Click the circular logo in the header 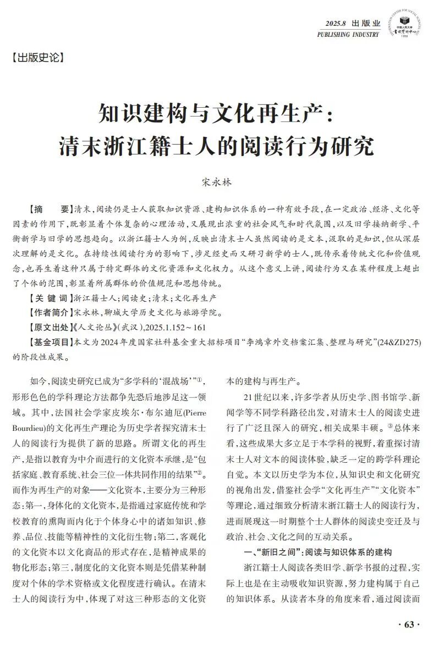(x=405, y=27)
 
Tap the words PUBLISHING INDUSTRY (x=348, y=35)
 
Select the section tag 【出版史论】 (x=38, y=57)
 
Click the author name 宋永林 (x=216, y=181)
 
